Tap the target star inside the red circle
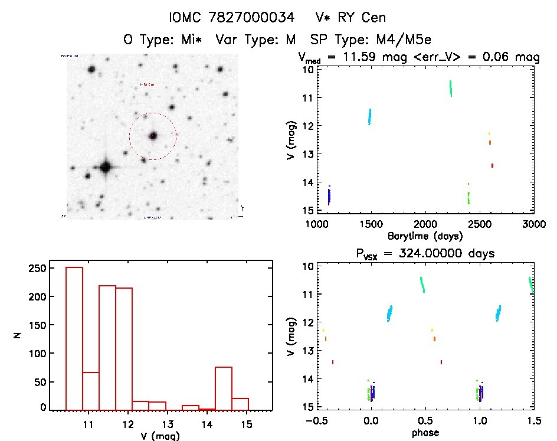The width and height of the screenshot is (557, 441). click(x=153, y=136)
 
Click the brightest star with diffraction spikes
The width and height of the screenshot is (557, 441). click(x=106, y=167)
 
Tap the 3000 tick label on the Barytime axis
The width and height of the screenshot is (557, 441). click(x=534, y=224)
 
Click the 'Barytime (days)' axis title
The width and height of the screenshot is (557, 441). click(x=425, y=236)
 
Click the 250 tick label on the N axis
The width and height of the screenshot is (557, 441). click(x=38, y=267)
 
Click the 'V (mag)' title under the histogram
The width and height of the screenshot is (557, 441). click(x=160, y=436)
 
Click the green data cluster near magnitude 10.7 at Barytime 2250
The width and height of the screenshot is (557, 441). click(x=451, y=89)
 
